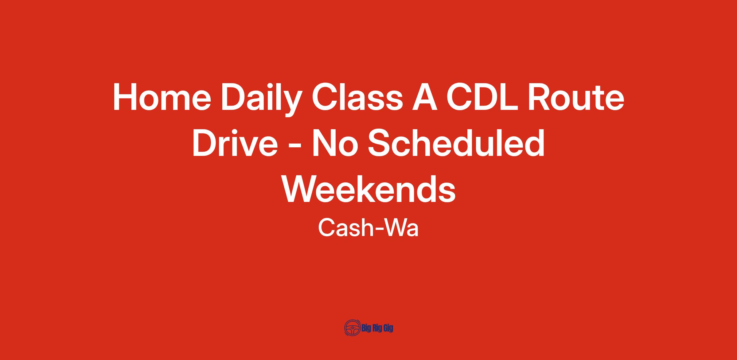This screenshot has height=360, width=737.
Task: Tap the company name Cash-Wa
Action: [x=368, y=228]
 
